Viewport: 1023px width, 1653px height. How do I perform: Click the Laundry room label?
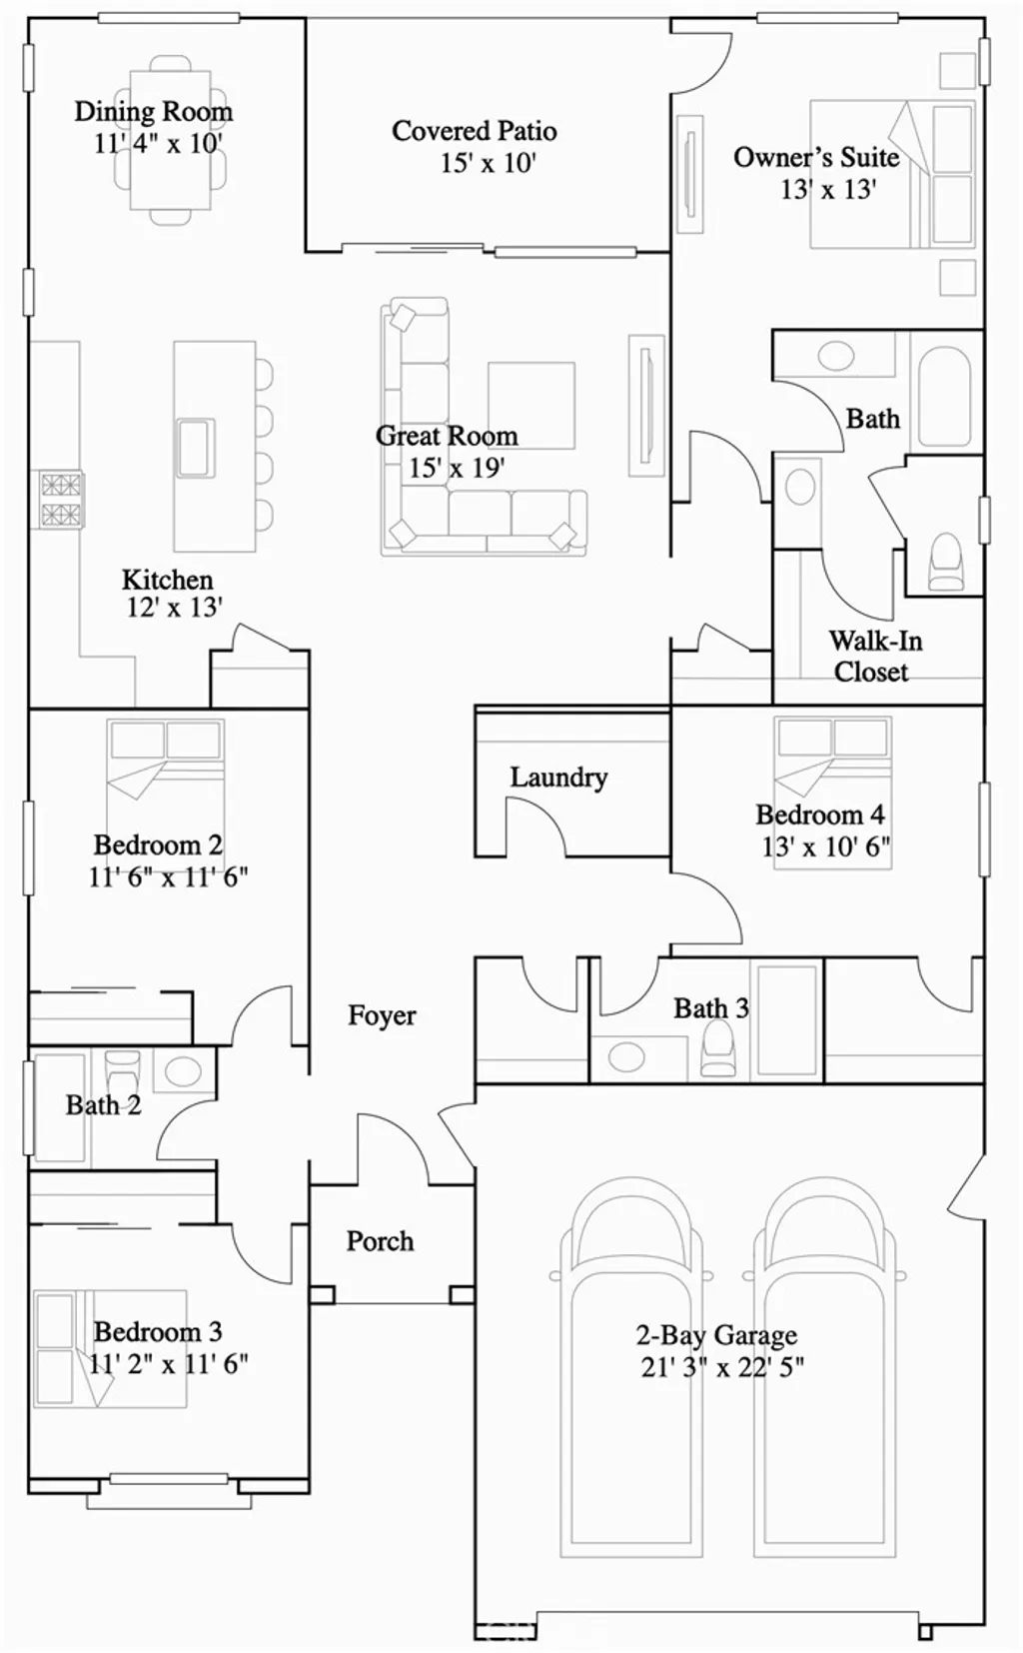558,777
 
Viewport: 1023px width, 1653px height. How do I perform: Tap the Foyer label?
382,1015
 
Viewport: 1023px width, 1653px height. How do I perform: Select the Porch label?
380,1241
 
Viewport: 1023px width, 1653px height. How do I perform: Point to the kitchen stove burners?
60,501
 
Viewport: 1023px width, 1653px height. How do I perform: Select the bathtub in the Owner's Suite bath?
943,396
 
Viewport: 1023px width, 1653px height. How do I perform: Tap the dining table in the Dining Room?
171,140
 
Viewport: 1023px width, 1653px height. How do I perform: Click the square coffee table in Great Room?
530,405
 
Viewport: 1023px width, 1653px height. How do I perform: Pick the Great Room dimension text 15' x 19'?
456,468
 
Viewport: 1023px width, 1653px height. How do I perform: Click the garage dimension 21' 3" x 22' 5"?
722,1366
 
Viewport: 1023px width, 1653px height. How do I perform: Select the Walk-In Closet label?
874,656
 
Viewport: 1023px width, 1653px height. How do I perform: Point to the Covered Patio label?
474,131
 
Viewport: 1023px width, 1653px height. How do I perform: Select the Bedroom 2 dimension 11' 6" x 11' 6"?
168,877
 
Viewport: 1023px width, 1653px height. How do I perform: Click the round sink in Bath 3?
626,1056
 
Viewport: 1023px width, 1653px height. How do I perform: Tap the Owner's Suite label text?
816,157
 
